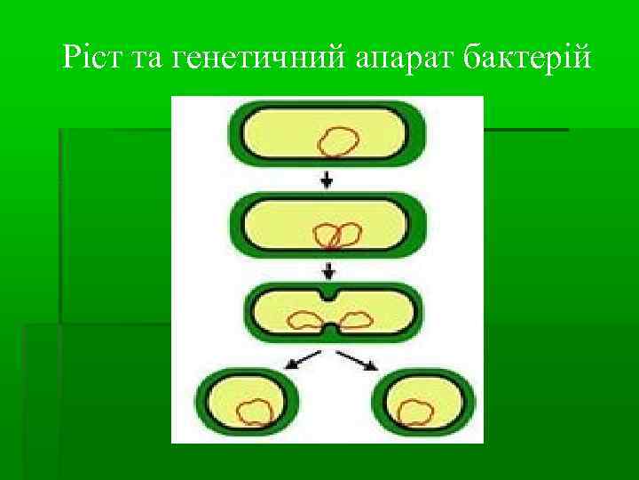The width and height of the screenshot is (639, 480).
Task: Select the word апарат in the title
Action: (399, 60)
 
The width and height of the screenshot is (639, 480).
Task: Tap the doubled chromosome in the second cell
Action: (338, 235)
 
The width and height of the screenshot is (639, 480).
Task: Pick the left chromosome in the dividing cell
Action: (307, 319)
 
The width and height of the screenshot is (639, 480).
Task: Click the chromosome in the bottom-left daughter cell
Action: (256, 412)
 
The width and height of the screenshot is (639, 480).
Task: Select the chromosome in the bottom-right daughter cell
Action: (414, 412)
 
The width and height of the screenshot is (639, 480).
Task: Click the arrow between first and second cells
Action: (327, 180)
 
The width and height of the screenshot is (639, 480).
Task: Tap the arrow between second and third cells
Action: (329, 268)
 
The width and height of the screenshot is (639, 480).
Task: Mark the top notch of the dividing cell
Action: (330, 293)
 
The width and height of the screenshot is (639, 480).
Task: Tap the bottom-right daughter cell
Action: (424, 402)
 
